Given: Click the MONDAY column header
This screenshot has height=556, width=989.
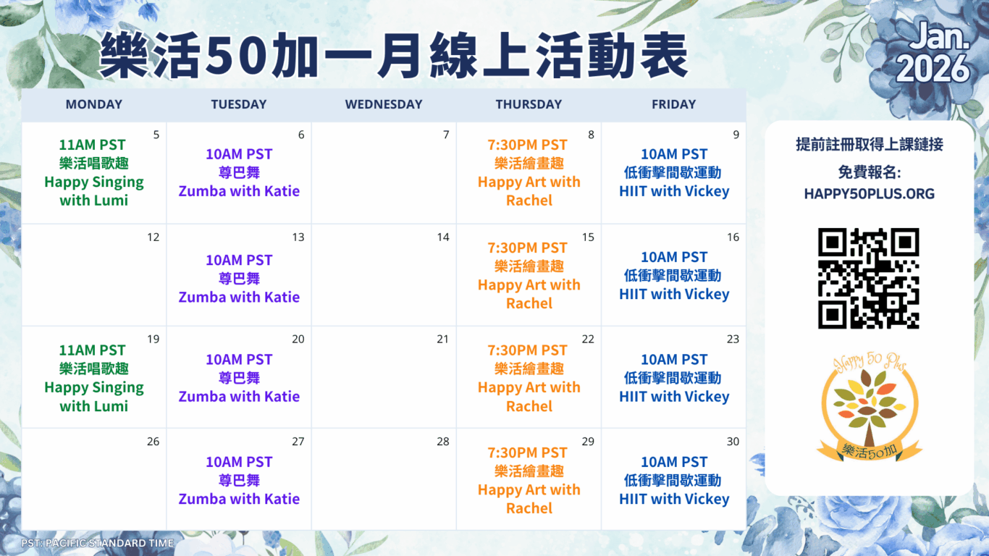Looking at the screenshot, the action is pos(93,104).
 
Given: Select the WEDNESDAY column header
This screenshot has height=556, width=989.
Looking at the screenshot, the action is pos(384,104).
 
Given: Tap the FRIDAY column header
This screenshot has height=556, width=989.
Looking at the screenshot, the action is pos(674,104).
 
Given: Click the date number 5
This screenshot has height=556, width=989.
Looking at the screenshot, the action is pos(156,135).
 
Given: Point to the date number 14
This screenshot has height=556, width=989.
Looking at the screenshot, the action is pos(443,237).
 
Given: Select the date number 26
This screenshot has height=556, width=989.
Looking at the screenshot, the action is pos(153,442).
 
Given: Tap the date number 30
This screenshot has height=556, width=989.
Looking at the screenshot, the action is pos(733,442).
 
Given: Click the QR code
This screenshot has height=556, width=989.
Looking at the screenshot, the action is pos(869,278).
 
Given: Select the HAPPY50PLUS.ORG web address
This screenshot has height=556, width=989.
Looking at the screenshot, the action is pos(869,193).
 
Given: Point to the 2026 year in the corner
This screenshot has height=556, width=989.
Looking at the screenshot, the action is pos(932,69).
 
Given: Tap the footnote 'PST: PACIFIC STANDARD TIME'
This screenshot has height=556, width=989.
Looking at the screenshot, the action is pos(98,543).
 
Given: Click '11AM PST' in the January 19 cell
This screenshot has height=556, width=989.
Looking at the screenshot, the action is pos(92,350).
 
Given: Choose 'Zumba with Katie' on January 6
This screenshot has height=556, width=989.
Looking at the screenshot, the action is pos(239,191).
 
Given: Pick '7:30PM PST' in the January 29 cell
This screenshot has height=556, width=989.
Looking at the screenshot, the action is pos(527,452).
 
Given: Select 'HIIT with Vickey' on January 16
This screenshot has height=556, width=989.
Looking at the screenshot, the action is pos(674,294).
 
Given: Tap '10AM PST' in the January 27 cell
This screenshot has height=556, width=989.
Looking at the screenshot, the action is pos(239,462).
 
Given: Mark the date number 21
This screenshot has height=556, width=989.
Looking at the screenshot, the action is pos(443,339).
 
